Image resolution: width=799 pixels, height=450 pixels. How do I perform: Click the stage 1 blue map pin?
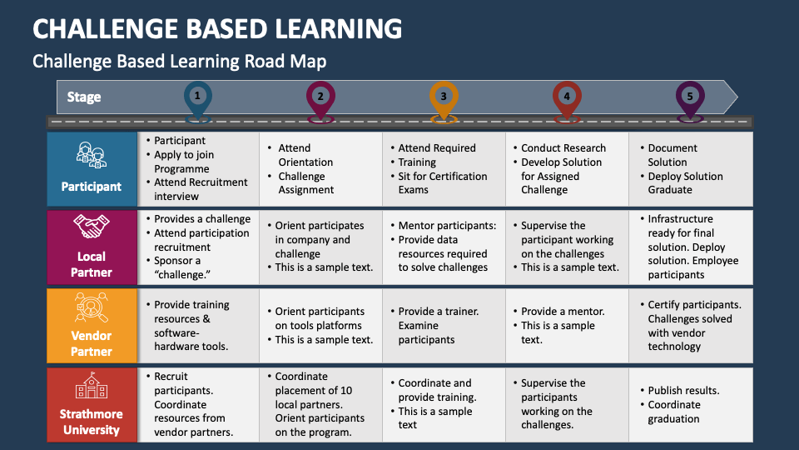point(197,97)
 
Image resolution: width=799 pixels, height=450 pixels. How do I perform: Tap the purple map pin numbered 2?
point(320,97)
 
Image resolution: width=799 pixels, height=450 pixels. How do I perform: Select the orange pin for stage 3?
point(444,97)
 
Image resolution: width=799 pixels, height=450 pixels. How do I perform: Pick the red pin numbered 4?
point(567,97)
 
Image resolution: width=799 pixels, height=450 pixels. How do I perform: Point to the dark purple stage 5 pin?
point(690,97)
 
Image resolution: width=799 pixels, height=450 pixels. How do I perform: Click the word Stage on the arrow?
point(84,97)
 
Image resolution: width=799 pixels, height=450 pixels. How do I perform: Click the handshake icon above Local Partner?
point(91,227)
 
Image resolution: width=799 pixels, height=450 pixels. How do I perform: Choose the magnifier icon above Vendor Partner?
point(91,308)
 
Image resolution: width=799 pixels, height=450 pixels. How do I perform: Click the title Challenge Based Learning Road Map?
point(179,62)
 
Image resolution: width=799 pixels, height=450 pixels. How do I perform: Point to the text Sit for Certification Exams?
point(442,182)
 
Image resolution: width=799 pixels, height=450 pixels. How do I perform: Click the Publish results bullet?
point(683,390)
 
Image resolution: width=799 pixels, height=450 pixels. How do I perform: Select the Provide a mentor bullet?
point(563,311)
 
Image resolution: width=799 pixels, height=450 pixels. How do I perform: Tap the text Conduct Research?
point(563,148)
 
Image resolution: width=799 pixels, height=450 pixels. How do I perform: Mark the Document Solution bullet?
point(672,155)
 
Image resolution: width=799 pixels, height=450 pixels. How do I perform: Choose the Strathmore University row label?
point(91,422)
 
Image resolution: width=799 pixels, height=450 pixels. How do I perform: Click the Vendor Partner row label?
point(91,343)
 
